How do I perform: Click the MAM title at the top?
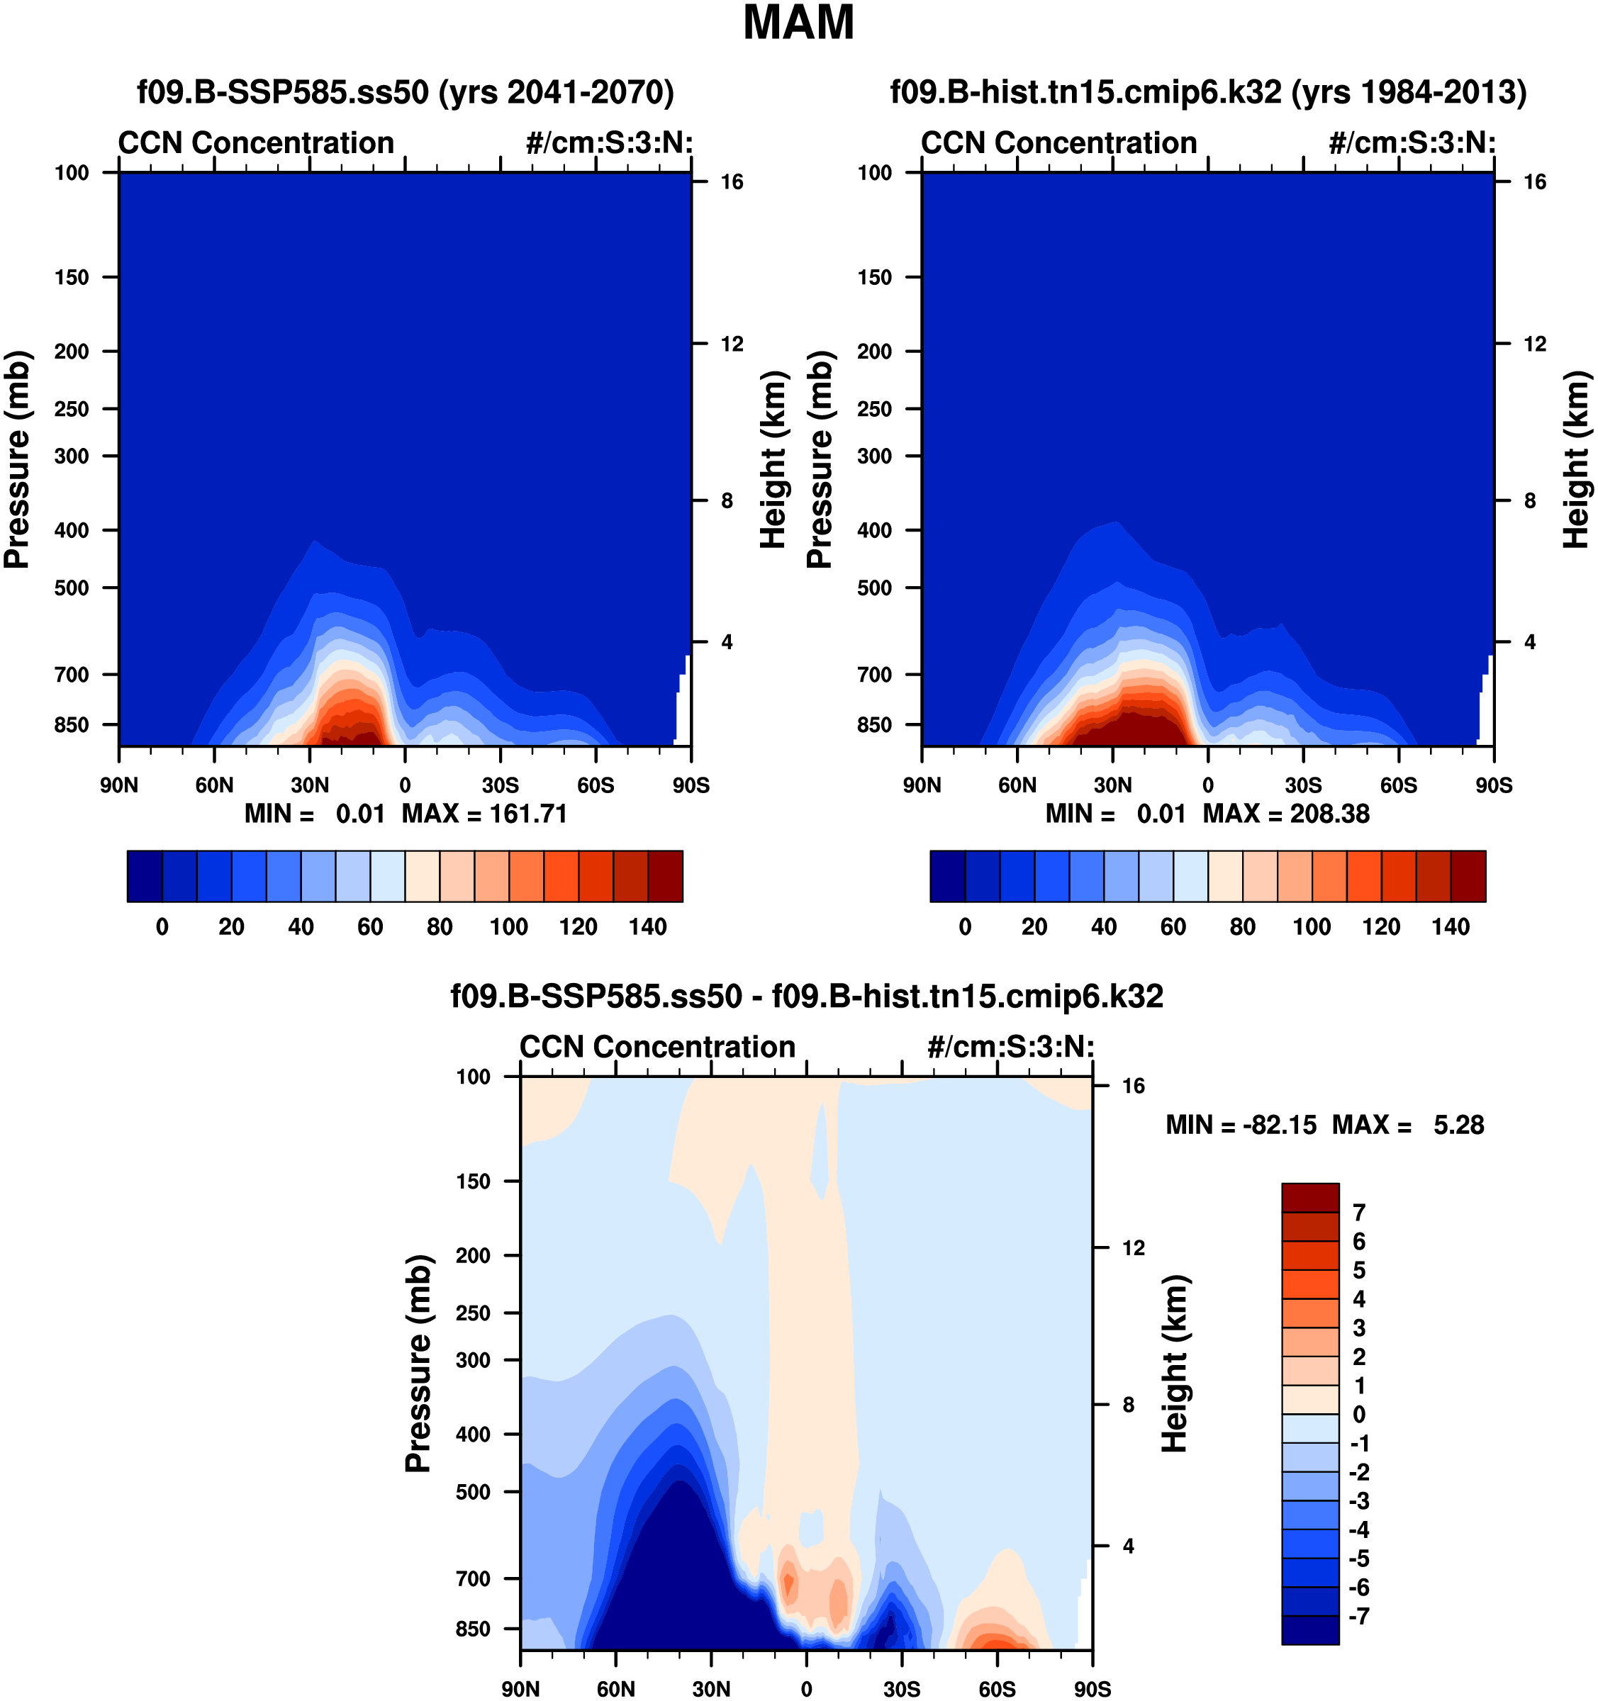coord(798,23)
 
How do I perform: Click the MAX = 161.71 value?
coord(484,814)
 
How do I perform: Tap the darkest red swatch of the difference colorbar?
coord(1309,1197)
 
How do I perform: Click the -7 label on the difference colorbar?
coord(1358,1616)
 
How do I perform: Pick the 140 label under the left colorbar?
coord(647,926)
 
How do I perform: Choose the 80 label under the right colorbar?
coord(1242,926)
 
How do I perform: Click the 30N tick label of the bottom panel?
coord(711,1689)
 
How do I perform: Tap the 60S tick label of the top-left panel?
coord(595,785)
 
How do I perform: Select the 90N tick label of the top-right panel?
coord(921,785)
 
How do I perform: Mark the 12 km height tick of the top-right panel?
coord(1536,344)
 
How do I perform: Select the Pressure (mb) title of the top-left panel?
coord(17,459)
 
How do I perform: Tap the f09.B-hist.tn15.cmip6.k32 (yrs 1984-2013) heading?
coord(1207,91)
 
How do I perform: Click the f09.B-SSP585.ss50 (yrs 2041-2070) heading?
coord(405,91)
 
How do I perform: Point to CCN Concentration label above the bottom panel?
coord(657,1046)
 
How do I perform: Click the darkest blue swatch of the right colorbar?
coord(946,876)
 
